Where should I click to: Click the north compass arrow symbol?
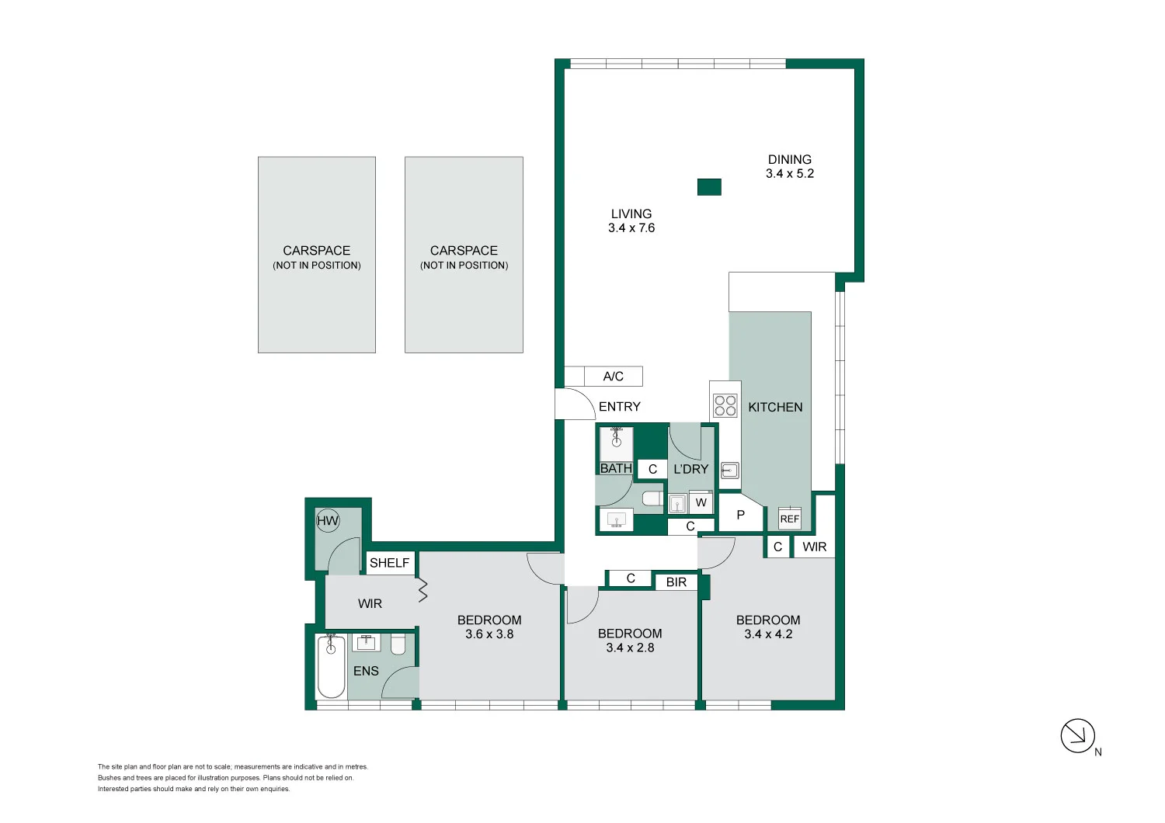click(1077, 735)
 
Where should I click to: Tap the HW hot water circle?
click(328, 521)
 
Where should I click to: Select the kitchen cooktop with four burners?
click(725, 405)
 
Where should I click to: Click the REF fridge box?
click(789, 519)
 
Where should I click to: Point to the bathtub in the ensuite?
click(331, 667)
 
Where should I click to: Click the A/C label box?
click(613, 377)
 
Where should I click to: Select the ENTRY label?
click(619, 407)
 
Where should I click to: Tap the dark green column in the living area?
click(709, 187)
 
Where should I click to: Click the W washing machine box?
click(701, 502)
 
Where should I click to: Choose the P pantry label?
click(740, 515)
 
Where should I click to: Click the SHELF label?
click(389, 563)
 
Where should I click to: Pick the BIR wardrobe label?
click(676, 582)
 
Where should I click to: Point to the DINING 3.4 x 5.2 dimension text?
click(790, 174)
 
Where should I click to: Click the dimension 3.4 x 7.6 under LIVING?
click(631, 228)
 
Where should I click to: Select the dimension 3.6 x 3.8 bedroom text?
click(489, 634)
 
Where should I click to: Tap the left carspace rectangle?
click(317, 255)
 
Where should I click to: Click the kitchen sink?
click(729, 470)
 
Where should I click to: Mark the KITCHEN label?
click(775, 408)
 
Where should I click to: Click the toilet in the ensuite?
click(398, 644)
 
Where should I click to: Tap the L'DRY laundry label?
click(690, 469)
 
